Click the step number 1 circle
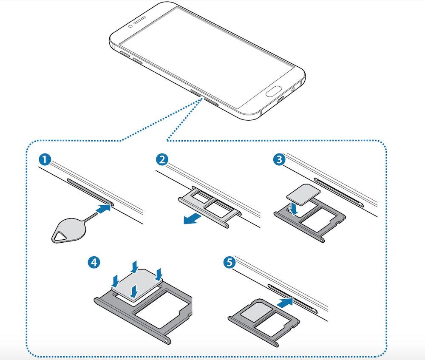click(44, 160)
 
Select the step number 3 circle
click(278, 160)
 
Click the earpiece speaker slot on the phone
click(146, 21)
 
